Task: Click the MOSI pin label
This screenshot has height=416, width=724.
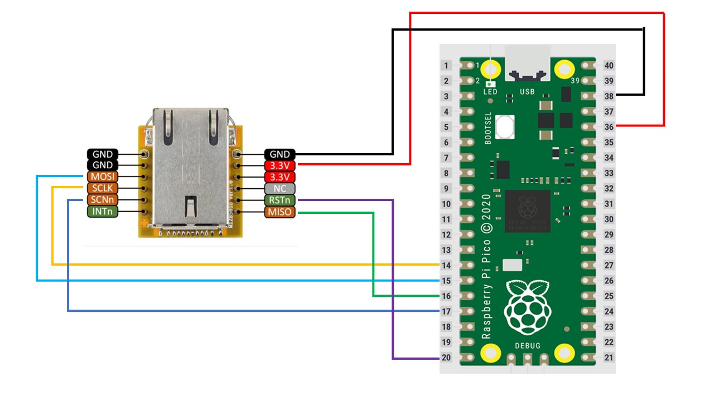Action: coord(102,177)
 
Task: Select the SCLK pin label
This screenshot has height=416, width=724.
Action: coord(102,188)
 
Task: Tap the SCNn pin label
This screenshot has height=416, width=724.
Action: coord(102,200)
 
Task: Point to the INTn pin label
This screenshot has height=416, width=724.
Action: coord(102,212)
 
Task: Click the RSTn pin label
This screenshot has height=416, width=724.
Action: coord(279,200)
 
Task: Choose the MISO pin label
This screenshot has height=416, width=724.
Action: coord(279,212)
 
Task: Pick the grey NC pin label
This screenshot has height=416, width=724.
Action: coord(279,188)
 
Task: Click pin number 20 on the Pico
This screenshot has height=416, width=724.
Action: coord(446,358)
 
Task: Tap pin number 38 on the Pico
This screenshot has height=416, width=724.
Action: coord(609,96)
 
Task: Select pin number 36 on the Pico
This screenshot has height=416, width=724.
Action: coord(609,127)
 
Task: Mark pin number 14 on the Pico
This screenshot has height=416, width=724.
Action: coord(446,266)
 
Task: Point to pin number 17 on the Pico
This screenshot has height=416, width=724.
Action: coord(446,311)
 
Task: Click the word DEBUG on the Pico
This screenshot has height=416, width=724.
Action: coord(528,346)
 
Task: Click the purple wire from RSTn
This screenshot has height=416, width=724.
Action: coord(393,278)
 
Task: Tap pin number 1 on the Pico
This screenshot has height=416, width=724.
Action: coord(446,66)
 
